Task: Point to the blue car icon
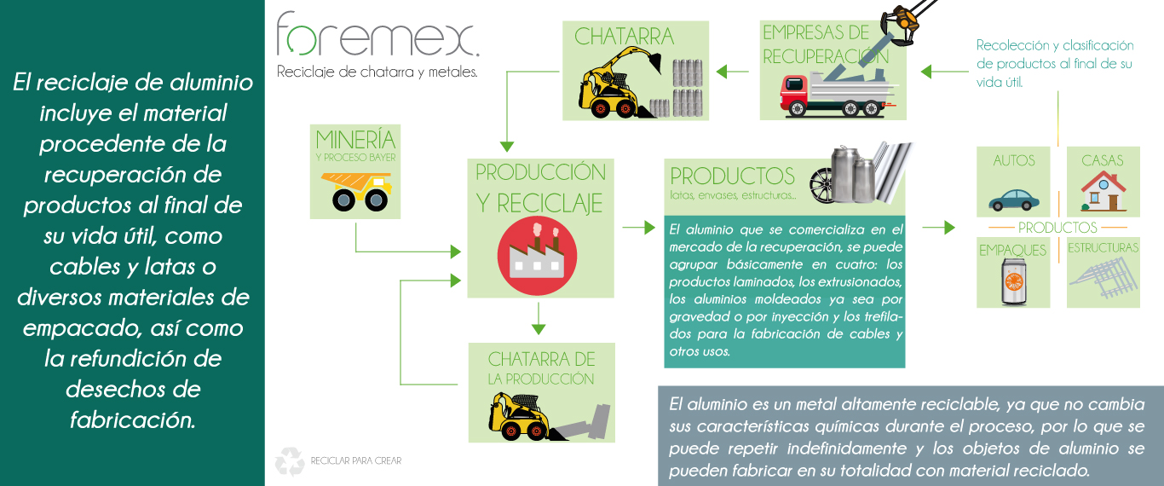coord(1013,199)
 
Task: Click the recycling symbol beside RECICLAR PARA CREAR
coord(289,461)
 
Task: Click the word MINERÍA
coord(355,140)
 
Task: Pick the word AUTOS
coord(1014,160)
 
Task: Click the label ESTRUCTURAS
coord(1103,248)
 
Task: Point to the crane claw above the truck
coord(902,18)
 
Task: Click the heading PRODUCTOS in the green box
coord(732,176)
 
